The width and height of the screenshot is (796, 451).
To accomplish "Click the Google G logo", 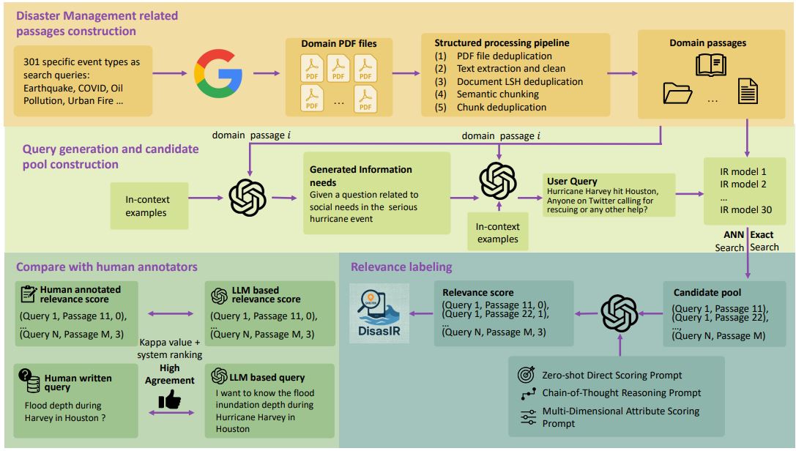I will [x=218, y=73].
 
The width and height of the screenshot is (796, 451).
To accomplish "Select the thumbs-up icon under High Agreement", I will [x=169, y=400].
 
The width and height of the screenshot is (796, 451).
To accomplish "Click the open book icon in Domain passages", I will [x=711, y=64].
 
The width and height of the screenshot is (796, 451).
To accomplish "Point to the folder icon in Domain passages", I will [x=678, y=92].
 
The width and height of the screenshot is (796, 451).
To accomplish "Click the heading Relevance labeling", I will [x=401, y=266].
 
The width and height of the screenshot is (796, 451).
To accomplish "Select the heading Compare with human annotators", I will [x=107, y=266].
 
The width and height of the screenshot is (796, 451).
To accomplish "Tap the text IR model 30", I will [x=745, y=209].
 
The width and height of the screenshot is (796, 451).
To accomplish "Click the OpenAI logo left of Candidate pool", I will [x=620, y=313].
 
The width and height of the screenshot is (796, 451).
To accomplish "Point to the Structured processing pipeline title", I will [x=502, y=42].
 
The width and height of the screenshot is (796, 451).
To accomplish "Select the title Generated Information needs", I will [x=360, y=176].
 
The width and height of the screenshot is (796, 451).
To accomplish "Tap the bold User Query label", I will [x=572, y=181].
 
